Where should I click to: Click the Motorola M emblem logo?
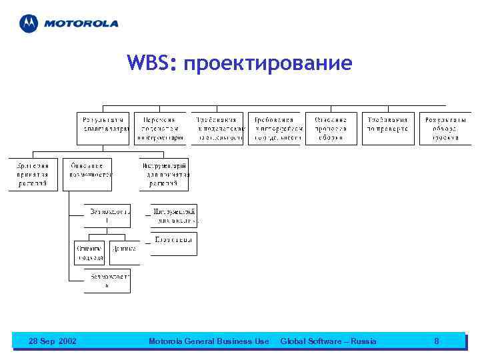point(29,23)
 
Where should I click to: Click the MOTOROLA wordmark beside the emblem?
point(81,23)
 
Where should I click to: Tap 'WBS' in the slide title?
point(151,63)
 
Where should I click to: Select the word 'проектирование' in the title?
point(266,64)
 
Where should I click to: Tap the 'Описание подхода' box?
point(89,252)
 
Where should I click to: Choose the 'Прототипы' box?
point(174,244)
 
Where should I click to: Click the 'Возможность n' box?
point(107,281)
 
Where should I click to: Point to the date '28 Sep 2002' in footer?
point(53,341)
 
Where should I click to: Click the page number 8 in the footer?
point(436,341)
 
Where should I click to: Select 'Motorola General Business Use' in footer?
point(209,341)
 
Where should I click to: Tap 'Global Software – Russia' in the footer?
point(328,341)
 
